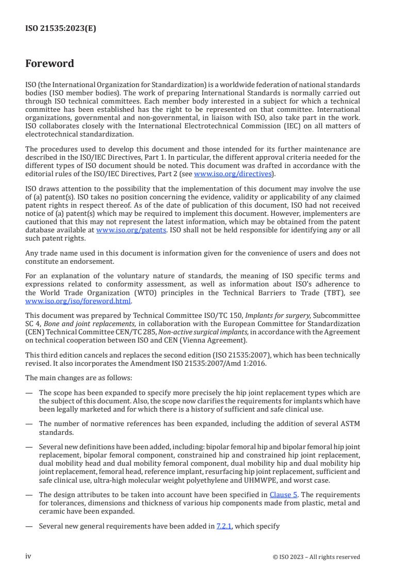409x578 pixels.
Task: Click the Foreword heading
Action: pyautogui.click(x=50, y=64)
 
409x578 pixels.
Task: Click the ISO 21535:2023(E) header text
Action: pyautogui.click(x=61, y=29)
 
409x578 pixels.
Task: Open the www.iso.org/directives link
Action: pyautogui.click(x=232, y=174)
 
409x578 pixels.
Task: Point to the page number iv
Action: pyautogui.click(x=28, y=556)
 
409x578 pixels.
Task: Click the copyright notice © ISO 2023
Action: pyautogui.click(x=316, y=557)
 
